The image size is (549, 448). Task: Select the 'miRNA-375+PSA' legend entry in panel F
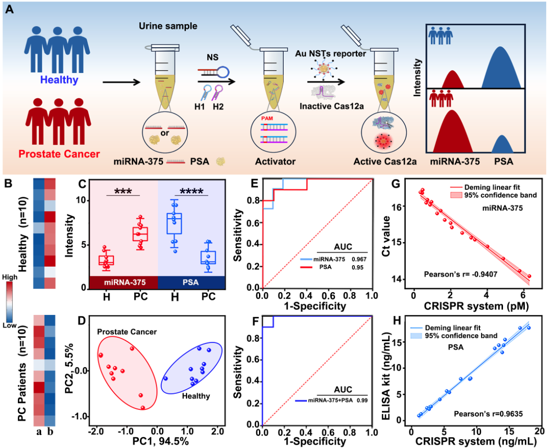coord(327,401)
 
